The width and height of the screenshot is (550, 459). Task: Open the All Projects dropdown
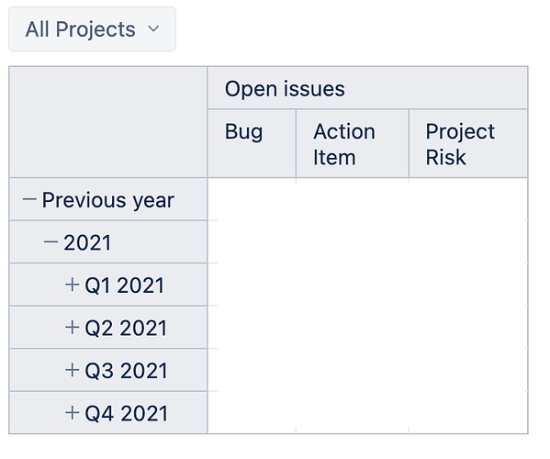pos(92,29)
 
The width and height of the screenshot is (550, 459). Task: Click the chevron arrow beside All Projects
pos(153,28)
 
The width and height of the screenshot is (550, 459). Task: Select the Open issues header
pos(285,89)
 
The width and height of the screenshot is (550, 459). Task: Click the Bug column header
pos(243,132)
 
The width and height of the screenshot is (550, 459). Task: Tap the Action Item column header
pos(344,144)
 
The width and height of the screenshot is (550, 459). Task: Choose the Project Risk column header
pos(460,144)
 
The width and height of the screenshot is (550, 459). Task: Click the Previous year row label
pos(108,200)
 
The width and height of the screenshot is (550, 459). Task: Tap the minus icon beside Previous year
pos(29,199)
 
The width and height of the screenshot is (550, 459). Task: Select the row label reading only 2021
pos(87,242)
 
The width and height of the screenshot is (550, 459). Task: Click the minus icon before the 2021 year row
pos(51,241)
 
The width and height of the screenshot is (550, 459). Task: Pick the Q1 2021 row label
pos(125,285)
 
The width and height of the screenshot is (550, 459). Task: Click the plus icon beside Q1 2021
pos(72,285)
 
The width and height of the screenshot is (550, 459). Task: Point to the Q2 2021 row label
pos(126,329)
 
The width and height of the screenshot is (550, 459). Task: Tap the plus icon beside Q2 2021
pos(72,327)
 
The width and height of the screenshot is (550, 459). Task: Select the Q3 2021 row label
pos(126,371)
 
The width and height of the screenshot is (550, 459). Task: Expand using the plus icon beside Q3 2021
pos(72,370)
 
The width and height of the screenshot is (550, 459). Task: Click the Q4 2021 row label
pos(127,414)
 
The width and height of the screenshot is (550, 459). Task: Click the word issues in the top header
pos(314,89)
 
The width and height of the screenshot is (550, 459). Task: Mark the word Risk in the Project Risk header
pos(445,157)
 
